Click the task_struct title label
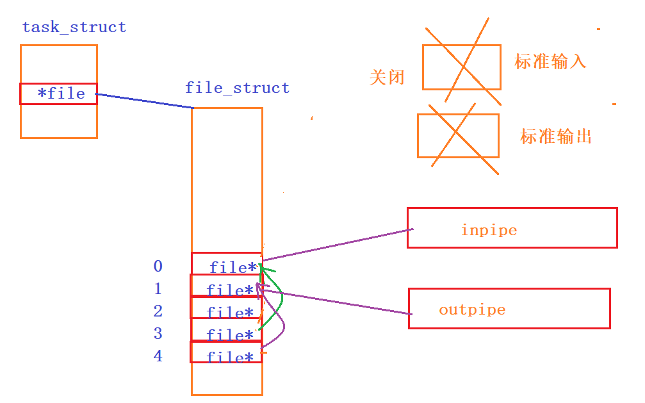tap(74, 28)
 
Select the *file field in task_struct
tap(58, 94)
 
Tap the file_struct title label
tap(237, 88)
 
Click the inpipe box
tap(512, 228)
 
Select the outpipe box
tap(509, 308)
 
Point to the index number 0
tap(158, 266)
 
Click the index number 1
tap(158, 289)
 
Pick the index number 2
tap(158, 311)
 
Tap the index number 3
tap(158, 334)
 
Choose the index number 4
tap(158, 356)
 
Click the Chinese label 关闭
tap(387, 78)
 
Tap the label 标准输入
tap(550, 62)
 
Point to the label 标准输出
tap(555, 136)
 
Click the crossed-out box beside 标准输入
tap(461, 67)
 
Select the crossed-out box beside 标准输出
tap(458, 135)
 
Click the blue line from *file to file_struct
tap(144, 101)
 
